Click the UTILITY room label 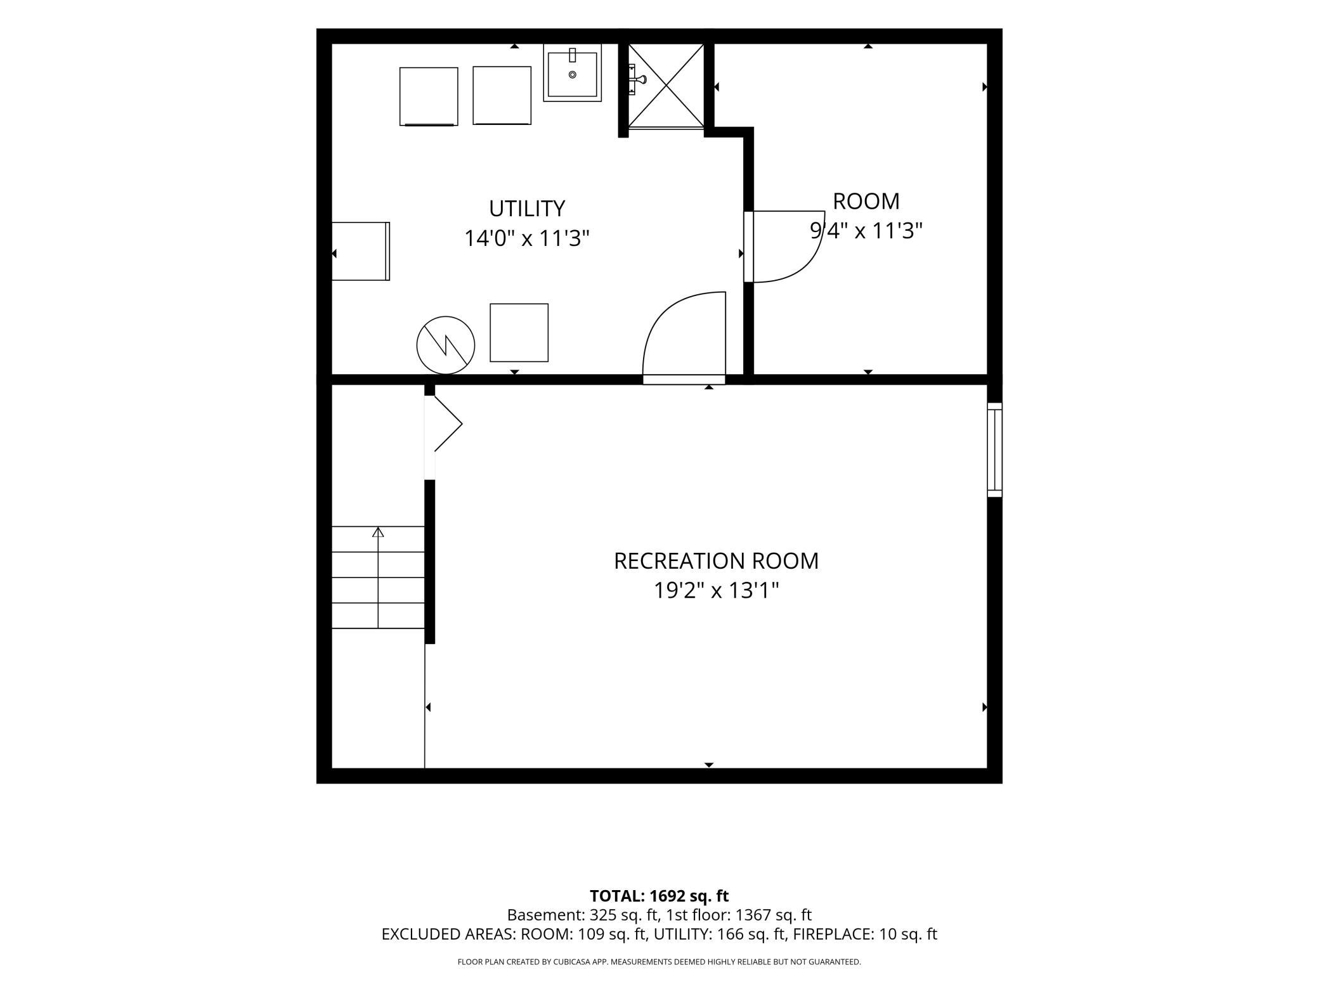coord(526,209)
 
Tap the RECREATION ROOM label coord(716,561)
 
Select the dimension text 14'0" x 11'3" coord(527,238)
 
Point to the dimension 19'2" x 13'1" coord(716,591)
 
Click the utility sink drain coord(573,75)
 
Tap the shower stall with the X coord(666,86)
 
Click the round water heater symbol coord(446,346)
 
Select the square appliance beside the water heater coord(519,333)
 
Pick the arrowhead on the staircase coord(378,532)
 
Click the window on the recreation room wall coord(994,449)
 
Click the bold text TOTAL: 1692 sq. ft coord(659,896)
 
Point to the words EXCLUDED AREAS coord(448,934)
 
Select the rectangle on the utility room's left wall coord(361,251)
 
